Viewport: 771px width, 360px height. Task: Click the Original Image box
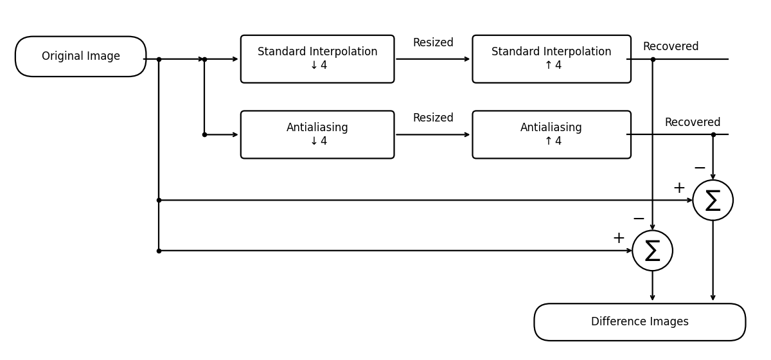coord(80,57)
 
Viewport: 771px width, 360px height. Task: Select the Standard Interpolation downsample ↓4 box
coord(317,59)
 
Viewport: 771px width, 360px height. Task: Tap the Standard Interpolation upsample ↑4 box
coord(551,59)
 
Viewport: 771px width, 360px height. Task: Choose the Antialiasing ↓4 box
coord(317,134)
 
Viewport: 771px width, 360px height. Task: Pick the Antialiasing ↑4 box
coord(551,134)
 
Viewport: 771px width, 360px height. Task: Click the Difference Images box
coord(639,322)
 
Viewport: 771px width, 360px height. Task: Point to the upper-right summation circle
coord(713,200)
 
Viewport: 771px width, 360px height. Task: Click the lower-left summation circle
coord(652,251)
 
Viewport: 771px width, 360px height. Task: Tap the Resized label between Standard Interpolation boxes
coord(433,43)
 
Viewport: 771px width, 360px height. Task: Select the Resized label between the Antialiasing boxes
coord(433,118)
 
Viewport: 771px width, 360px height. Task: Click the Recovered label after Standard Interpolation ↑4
coord(671,47)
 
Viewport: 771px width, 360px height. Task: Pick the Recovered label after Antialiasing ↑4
coord(693,123)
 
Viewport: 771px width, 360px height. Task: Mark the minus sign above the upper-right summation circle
coord(700,168)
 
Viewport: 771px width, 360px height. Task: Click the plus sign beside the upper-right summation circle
coord(679,188)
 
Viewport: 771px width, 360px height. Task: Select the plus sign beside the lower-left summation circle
coord(619,239)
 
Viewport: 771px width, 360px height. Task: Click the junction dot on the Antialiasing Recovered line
coord(713,134)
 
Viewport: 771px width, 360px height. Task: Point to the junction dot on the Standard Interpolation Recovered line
coord(653,59)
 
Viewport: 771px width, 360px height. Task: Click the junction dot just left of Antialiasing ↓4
coord(204,134)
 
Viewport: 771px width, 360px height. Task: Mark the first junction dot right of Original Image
coord(159,59)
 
